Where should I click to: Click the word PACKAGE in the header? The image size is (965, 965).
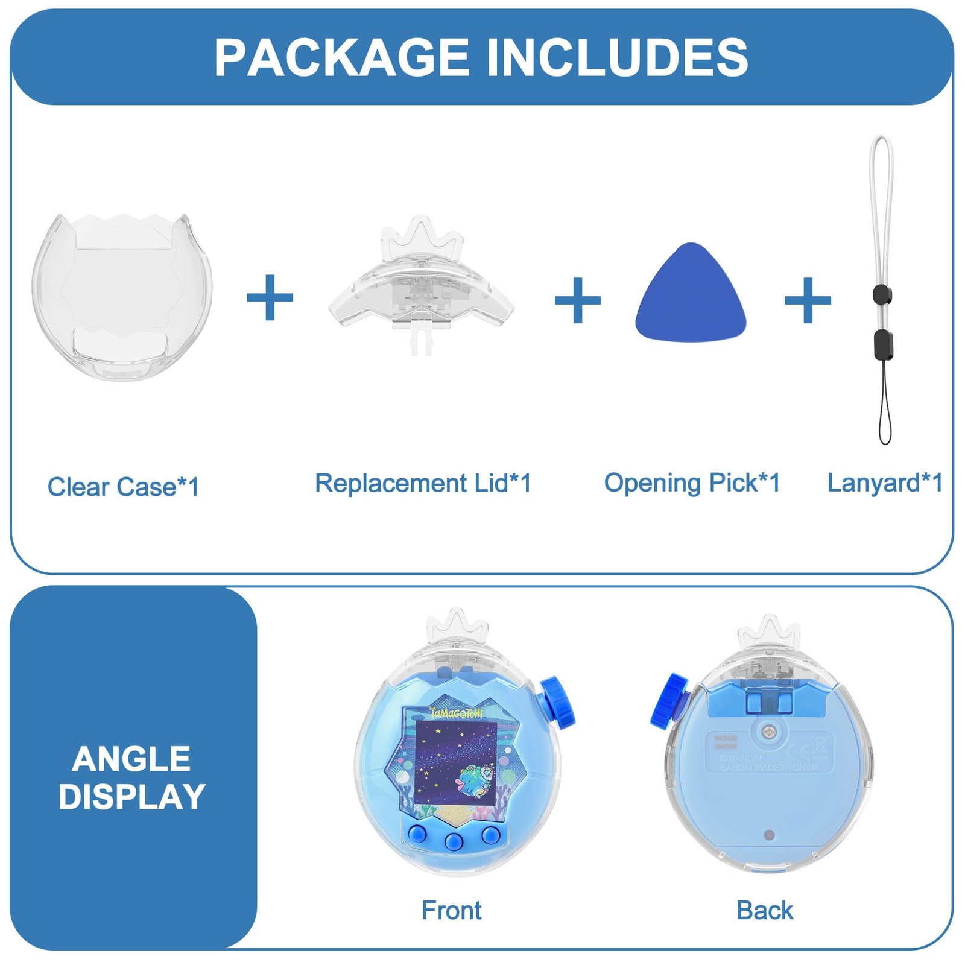(341, 58)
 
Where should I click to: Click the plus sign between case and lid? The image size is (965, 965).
(270, 298)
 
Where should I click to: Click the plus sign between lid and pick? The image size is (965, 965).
(577, 300)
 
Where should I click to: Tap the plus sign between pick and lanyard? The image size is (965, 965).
(808, 300)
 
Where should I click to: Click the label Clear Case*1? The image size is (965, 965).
(123, 487)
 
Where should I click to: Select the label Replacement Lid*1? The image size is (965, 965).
(423, 483)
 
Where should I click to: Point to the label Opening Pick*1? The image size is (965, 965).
(692, 482)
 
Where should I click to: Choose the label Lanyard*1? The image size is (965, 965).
(884, 482)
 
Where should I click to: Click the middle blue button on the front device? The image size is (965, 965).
(454, 841)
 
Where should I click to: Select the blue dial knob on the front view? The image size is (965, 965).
(558, 702)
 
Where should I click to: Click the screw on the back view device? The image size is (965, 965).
(768, 732)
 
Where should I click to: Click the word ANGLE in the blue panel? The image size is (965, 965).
(131, 759)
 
